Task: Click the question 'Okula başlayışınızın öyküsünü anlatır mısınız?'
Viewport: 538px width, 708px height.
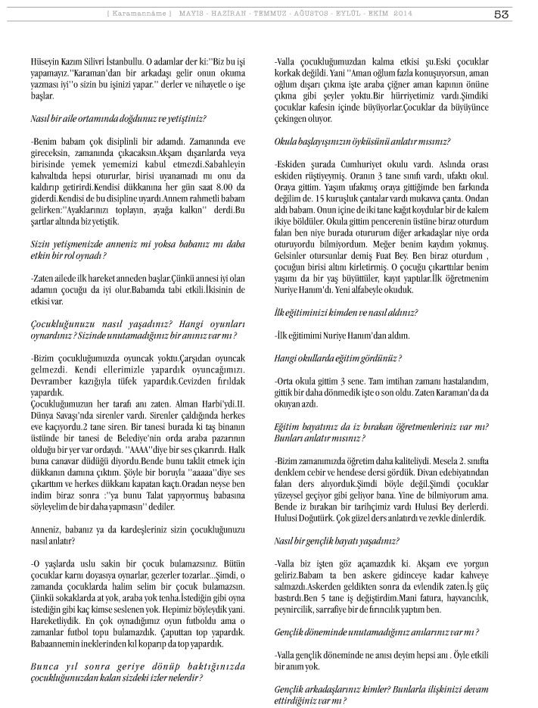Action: pos(362,142)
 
